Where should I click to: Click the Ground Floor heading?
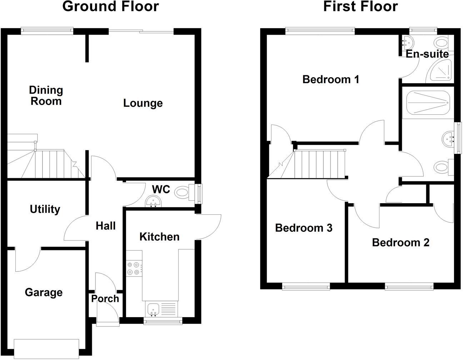(x=110, y=6)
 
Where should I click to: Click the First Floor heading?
(x=360, y=6)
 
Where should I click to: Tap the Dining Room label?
(x=46, y=96)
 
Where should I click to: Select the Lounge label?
(x=143, y=103)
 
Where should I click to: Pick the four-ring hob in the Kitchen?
(x=133, y=268)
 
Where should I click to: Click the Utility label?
(x=45, y=209)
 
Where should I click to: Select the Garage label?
(x=44, y=292)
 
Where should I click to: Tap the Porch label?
(x=105, y=299)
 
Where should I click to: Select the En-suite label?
(x=427, y=54)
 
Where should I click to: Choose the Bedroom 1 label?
(x=331, y=79)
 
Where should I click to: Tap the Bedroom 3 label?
(x=304, y=228)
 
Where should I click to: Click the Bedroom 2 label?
(x=400, y=243)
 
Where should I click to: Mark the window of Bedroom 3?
(x=305, y=286)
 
